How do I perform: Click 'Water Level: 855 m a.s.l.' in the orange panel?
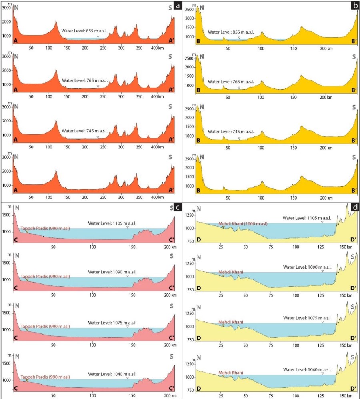click(82, 30)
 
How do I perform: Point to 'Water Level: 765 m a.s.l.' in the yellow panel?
click(231, 82)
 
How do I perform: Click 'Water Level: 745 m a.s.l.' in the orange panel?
click(82, 131)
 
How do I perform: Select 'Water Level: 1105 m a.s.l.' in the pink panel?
click(112, 222)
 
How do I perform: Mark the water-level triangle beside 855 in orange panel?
click(98, 37)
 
